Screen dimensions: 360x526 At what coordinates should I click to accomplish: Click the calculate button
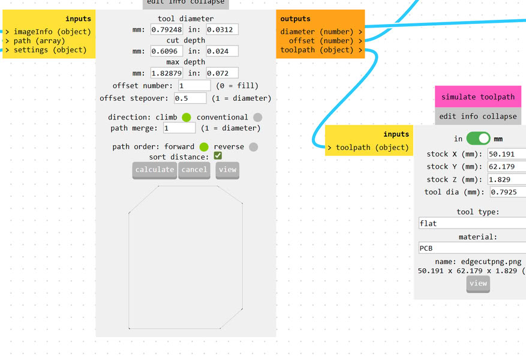pos(154,170)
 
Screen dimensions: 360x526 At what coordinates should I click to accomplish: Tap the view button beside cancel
pos(227,170)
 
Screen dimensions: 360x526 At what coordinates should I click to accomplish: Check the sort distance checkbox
pos(218,156)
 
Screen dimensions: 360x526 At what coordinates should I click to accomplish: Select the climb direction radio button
pos(187,118)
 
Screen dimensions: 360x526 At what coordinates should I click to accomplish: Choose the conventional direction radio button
pos(257,118)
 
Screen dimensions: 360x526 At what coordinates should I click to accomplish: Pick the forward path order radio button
pos(204,147)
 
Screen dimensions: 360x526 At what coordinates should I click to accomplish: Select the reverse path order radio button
pos(253,147)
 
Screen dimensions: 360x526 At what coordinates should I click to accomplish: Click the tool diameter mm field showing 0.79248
pos(166,29)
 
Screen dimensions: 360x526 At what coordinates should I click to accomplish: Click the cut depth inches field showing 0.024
pos(222,51)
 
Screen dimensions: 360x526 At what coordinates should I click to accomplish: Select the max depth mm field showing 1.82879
pos(166,73)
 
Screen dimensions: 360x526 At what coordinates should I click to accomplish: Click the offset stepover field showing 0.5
pos(190,98)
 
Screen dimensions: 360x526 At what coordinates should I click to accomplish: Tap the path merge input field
pos(179,128)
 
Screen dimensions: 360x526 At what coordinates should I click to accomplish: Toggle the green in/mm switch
pos(478,139)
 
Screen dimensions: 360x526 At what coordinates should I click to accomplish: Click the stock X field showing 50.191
pos(507,154)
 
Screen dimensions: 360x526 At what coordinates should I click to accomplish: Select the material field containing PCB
pos(472,248)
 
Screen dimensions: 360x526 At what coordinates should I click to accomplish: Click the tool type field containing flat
pos(472,223)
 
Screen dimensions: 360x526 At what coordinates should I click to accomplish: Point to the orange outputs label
pos(296,19)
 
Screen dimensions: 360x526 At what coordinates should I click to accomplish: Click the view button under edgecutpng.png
pos(478,283)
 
